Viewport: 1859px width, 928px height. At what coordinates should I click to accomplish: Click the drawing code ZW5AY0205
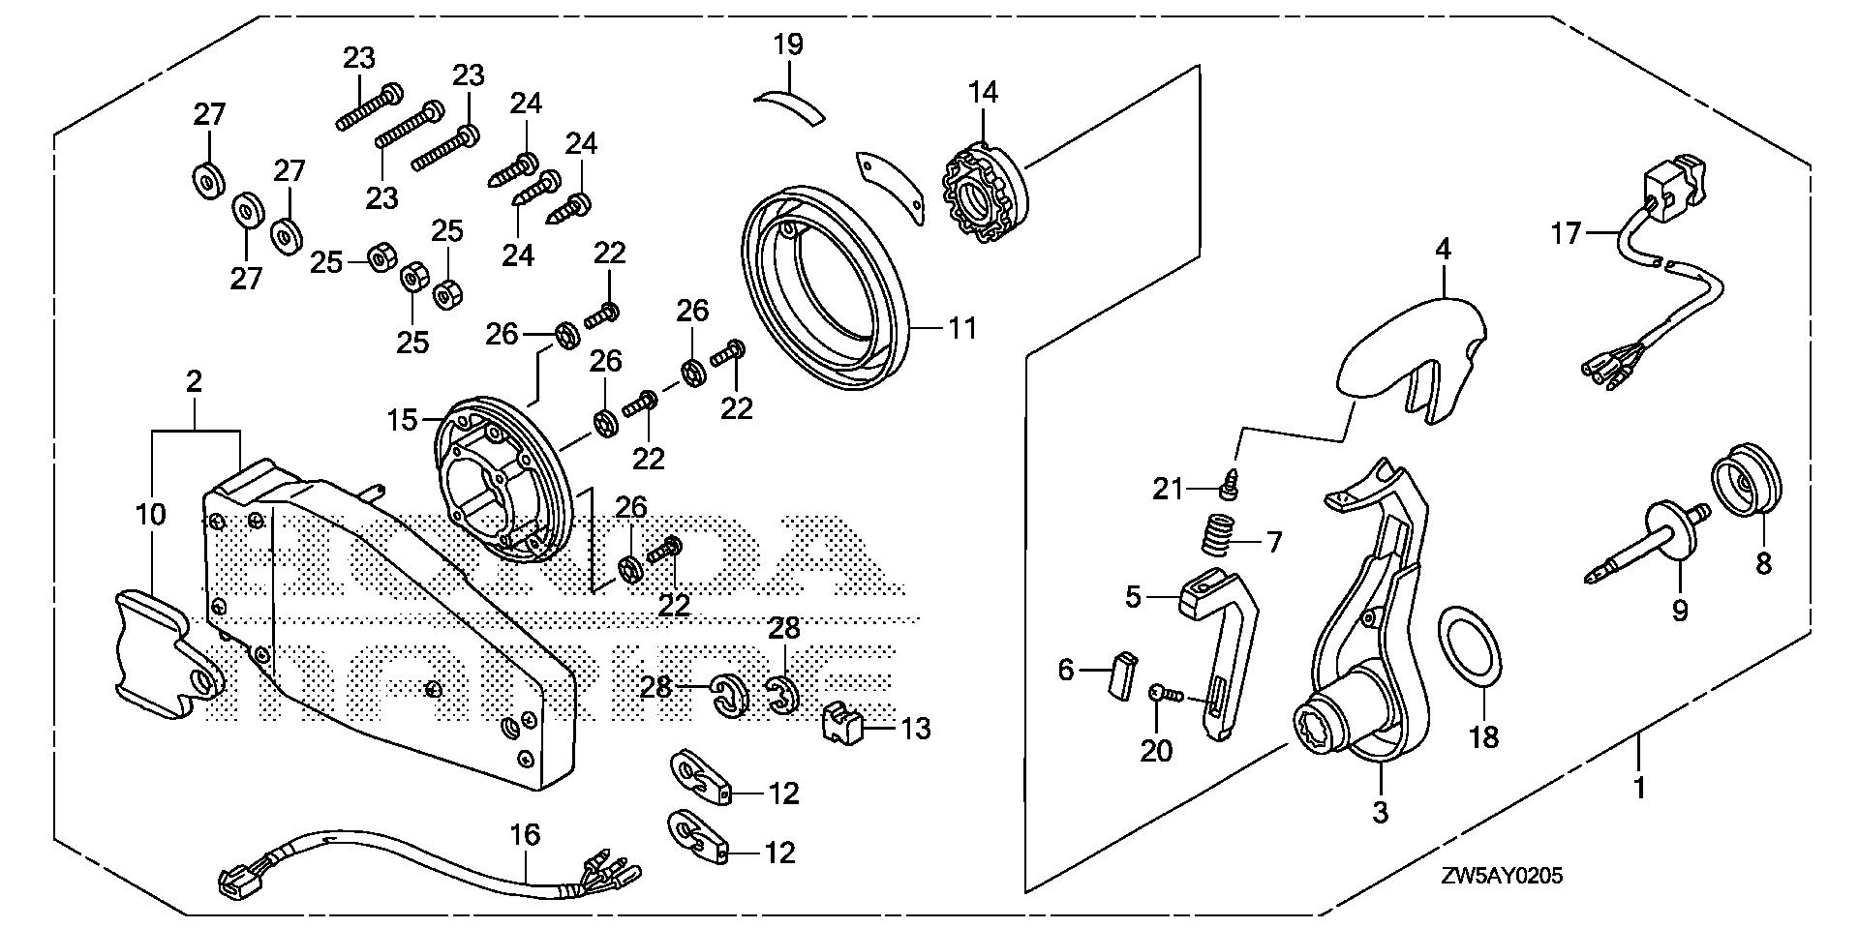pyautogui.click(x=1501, y=877)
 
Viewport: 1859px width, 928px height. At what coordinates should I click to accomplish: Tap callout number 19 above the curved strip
pyautogui.click(x=788, y=45)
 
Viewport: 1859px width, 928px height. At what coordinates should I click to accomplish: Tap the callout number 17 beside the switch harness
pyautogui.click(x=1566, y=233)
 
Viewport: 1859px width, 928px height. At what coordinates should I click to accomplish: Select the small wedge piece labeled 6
pyautogui.click(x=1123, y=675)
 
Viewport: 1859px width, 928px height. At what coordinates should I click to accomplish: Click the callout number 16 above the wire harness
pyautogui.click(x=526, y=834)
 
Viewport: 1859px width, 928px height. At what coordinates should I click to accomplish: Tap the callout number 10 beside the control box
pyautogui.click(x=151, y=513)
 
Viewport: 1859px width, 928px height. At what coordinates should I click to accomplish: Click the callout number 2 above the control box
pyautogui.click(x=194, y=381)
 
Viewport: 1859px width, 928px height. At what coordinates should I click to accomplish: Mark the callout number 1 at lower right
pyautogui.click(x=1639, y=789)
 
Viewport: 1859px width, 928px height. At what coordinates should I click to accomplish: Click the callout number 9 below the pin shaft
pyautogui.click(x=1680, y=611)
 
